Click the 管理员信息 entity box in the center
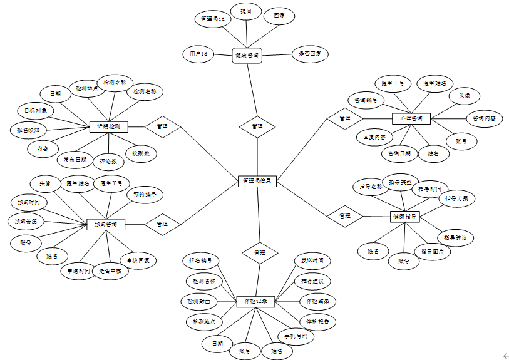257,181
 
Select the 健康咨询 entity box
247,55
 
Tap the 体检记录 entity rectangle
255,301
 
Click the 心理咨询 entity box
411,118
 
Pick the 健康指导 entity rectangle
404,216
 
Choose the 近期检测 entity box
109,126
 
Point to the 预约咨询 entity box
106,224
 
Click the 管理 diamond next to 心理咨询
344,118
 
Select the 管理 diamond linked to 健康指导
344,216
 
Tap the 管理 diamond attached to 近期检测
162,126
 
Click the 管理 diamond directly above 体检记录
257,252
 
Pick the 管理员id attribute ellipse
212,19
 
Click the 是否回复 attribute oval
310,54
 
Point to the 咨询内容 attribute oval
483,118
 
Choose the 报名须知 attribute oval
28,130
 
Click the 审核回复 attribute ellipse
138,259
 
